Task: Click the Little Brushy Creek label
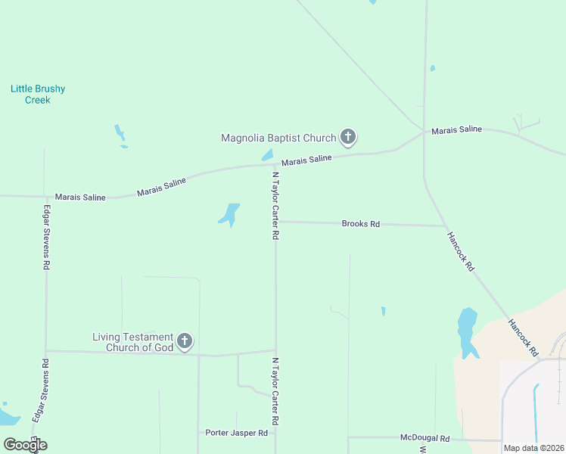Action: [38, 94]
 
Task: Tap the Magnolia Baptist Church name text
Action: [278, 138]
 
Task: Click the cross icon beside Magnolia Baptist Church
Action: [348, 137]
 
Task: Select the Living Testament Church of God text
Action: [133, 342]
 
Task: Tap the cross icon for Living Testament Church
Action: [185, 342]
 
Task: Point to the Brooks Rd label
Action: [360, 224]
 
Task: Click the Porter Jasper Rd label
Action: [237, 433]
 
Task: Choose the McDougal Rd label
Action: [424, 438]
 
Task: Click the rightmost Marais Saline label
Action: [456, 130]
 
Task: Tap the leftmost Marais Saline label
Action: [80, 197]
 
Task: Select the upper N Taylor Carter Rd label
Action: [276, 206]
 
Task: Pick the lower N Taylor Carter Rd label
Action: [276, 390]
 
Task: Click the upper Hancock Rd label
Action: [460, 251]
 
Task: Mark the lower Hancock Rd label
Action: [523, 337]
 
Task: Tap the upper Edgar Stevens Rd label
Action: [47, 238]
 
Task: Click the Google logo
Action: [24, 444]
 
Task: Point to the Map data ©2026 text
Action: [533, 448]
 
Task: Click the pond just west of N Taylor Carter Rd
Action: [229, 214]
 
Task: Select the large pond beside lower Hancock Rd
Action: [468, 331]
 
